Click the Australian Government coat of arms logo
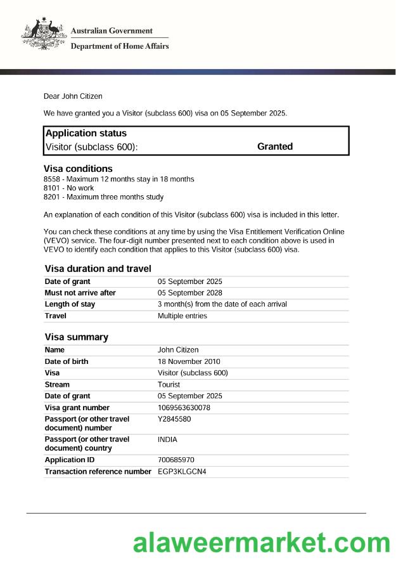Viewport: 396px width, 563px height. (43, 36)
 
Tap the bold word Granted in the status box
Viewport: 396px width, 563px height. (274, 146)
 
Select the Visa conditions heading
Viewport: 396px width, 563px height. (78, 169)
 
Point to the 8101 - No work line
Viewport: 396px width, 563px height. (68, 188)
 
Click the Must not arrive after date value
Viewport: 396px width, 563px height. (189, 293)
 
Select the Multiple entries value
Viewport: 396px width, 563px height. (182, 316)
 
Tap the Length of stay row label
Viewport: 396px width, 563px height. (70, 304)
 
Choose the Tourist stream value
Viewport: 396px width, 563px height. (169, 385)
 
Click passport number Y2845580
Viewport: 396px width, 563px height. (174, 419)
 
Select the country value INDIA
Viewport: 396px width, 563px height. (167, 439)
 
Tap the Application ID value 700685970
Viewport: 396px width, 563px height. (176, 460)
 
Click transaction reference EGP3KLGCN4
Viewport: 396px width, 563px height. (182, 472)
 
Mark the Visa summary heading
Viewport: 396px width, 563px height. (76, 337)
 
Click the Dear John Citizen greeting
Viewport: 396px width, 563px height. (72, 96)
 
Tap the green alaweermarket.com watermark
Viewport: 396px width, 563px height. (261, 543)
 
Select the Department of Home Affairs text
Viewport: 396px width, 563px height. (119, 46)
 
